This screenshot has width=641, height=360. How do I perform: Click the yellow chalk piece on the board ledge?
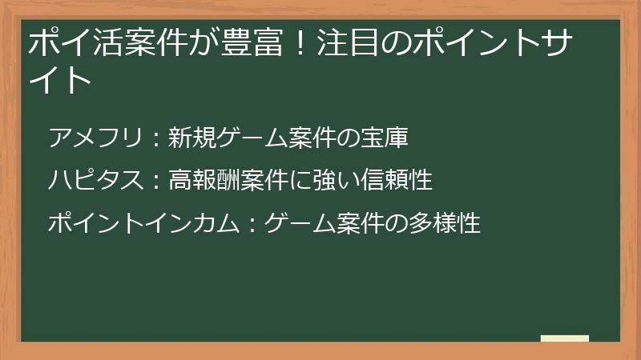tap(565, 338)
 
